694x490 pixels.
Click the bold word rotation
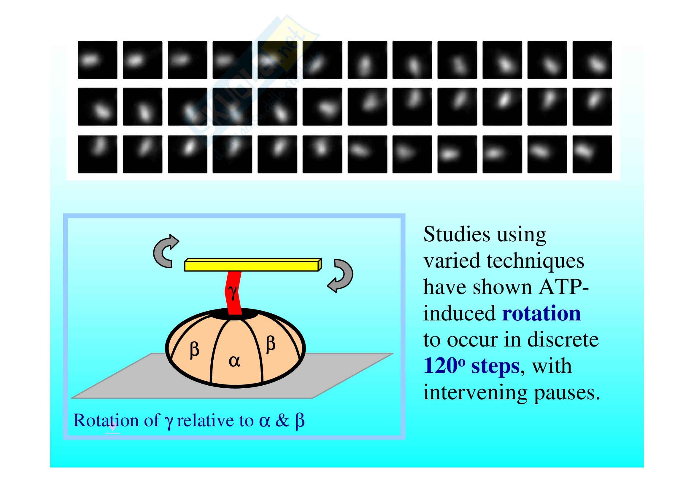pyautogui.click(x=541, y=313)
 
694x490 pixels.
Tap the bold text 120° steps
pyautogui.click(x=471, y=366)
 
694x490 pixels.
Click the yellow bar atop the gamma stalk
pyautogui.click(x=253, y=265)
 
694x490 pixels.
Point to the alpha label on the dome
pyautogui.click(x=235, y=361)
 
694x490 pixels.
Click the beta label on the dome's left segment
pyautogui.click(x=194, y=350)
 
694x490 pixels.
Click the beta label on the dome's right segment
pyautogui.click(x=271, y=344)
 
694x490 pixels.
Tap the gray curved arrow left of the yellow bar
pyautogui.click(x=165, y=251)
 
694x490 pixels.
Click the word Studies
pyautogui.click(x=457, y=234)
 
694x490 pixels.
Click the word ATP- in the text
pyautogui.click(x=564, y=287)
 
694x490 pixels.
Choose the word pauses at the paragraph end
pyautogui.click(x=567, y=393)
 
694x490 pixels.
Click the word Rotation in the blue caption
pyautogui.click(x=106, y=420)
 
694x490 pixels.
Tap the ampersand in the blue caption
pyautogui.click(x=282, y=420)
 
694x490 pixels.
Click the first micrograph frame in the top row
pyautogui.click(x=98, y=60)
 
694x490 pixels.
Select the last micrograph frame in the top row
pyautogui.click(x=592, y=60)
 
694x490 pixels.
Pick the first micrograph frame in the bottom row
pyautogui.click(x=98, y=154)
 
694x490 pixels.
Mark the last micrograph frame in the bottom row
pyautogui.click(x=592, y=154)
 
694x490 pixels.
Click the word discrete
pyautogui.click(x=563, y=340)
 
